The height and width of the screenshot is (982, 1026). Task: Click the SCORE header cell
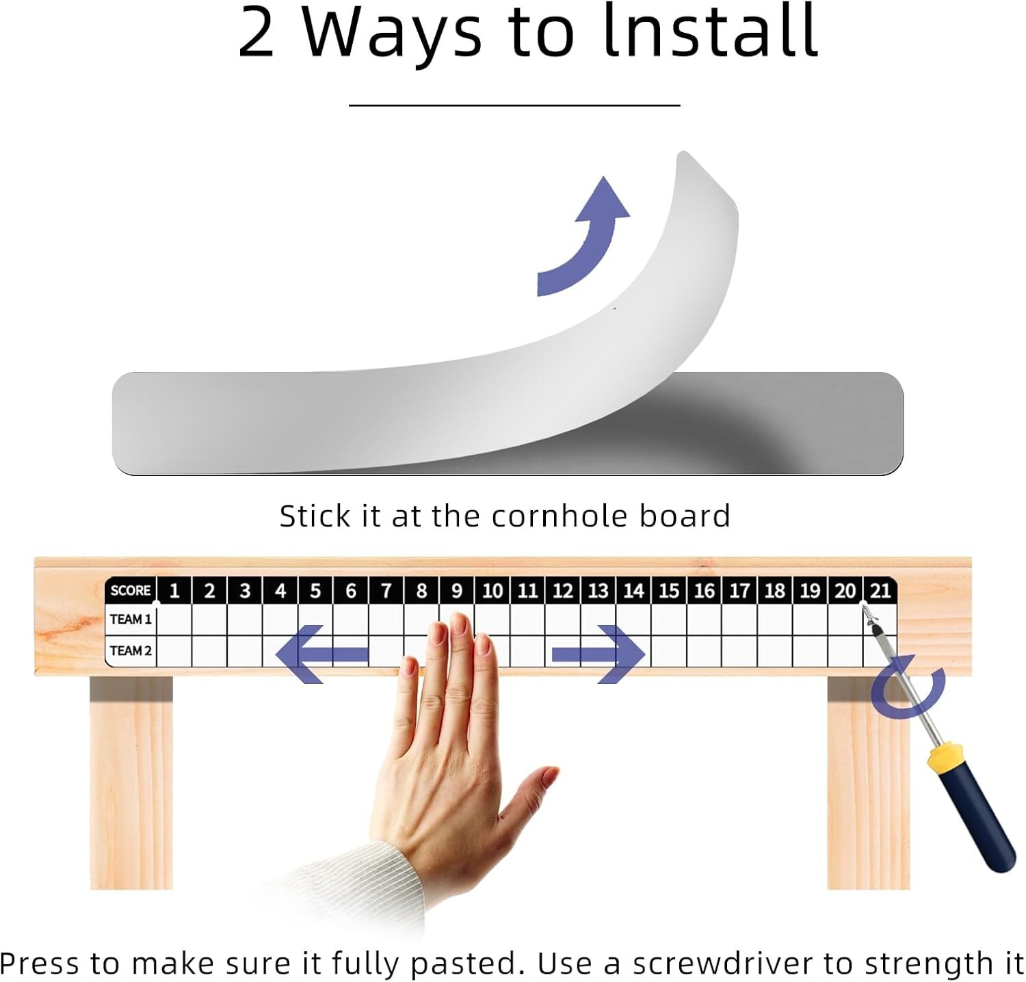click(x=131, y=590)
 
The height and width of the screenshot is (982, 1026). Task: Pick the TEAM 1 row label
click(x=131, y=620)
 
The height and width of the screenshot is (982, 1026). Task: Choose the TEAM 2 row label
click(x=131, y=650)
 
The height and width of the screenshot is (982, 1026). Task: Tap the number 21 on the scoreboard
click(x=880, y=590)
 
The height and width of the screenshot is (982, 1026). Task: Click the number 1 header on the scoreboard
click(x=174, y=590)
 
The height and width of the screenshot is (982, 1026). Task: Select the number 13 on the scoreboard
click(x=598, y=590)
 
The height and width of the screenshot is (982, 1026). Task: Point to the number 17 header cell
click(x=739, y=590)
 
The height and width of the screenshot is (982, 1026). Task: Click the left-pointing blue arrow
click(x=322, y=654)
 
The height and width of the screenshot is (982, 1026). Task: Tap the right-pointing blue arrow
click(x=598, y=654)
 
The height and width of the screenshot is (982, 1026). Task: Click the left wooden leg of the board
click(x=131, y=782)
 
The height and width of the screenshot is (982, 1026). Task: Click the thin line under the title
click(x=514, y=105)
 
